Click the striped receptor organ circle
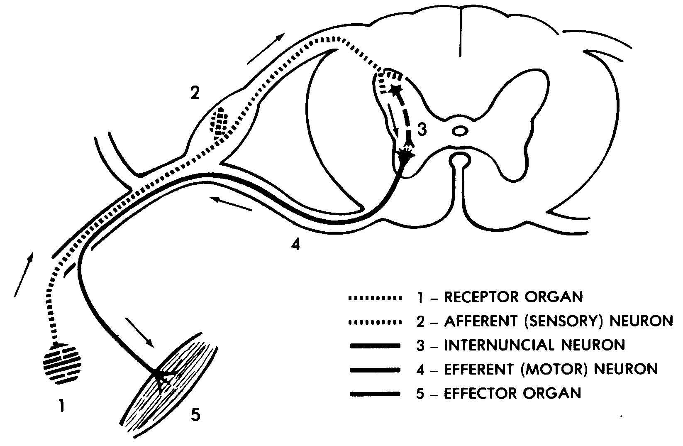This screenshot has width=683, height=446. (62, 364)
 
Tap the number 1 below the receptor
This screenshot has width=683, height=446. (61, 406)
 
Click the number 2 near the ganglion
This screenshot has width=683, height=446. (195, 93)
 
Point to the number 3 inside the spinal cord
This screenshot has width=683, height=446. (422, 130)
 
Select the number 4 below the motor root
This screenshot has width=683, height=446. (295, 245)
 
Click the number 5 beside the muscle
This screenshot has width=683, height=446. (195, 414)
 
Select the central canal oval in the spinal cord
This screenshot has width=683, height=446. (459, 132)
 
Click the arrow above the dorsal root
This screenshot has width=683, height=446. (266, 49)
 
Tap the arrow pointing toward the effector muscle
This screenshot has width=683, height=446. (139, 332)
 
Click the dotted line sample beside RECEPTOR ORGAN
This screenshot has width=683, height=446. (376, 298)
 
